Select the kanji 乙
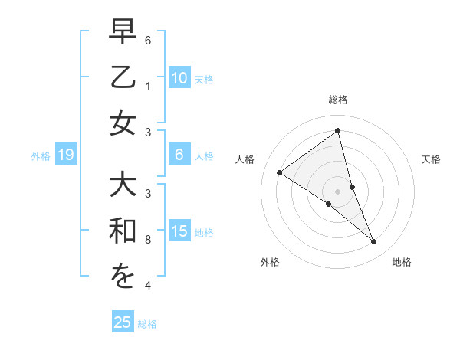pos(123,79)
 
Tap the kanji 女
pos(123,123)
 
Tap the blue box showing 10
pos(179,78)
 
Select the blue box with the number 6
pos(179,155)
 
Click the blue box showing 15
pos(179,231)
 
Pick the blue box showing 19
pos(65,155)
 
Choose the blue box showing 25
pos(123,322)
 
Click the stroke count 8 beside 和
pos(148,240)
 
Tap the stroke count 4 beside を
pos(148,286)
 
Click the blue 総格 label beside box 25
pos(148,324)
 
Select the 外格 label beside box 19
pos(41,156)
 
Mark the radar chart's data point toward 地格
pos(374,242)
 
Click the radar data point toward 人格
pos(280,173)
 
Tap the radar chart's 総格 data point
pos(338,131)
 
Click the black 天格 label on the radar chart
pos(431,159)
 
